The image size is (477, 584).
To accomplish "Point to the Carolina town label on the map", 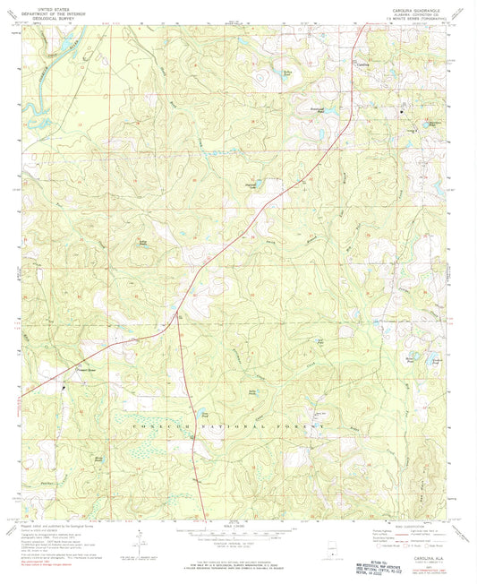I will coord(362,64).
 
